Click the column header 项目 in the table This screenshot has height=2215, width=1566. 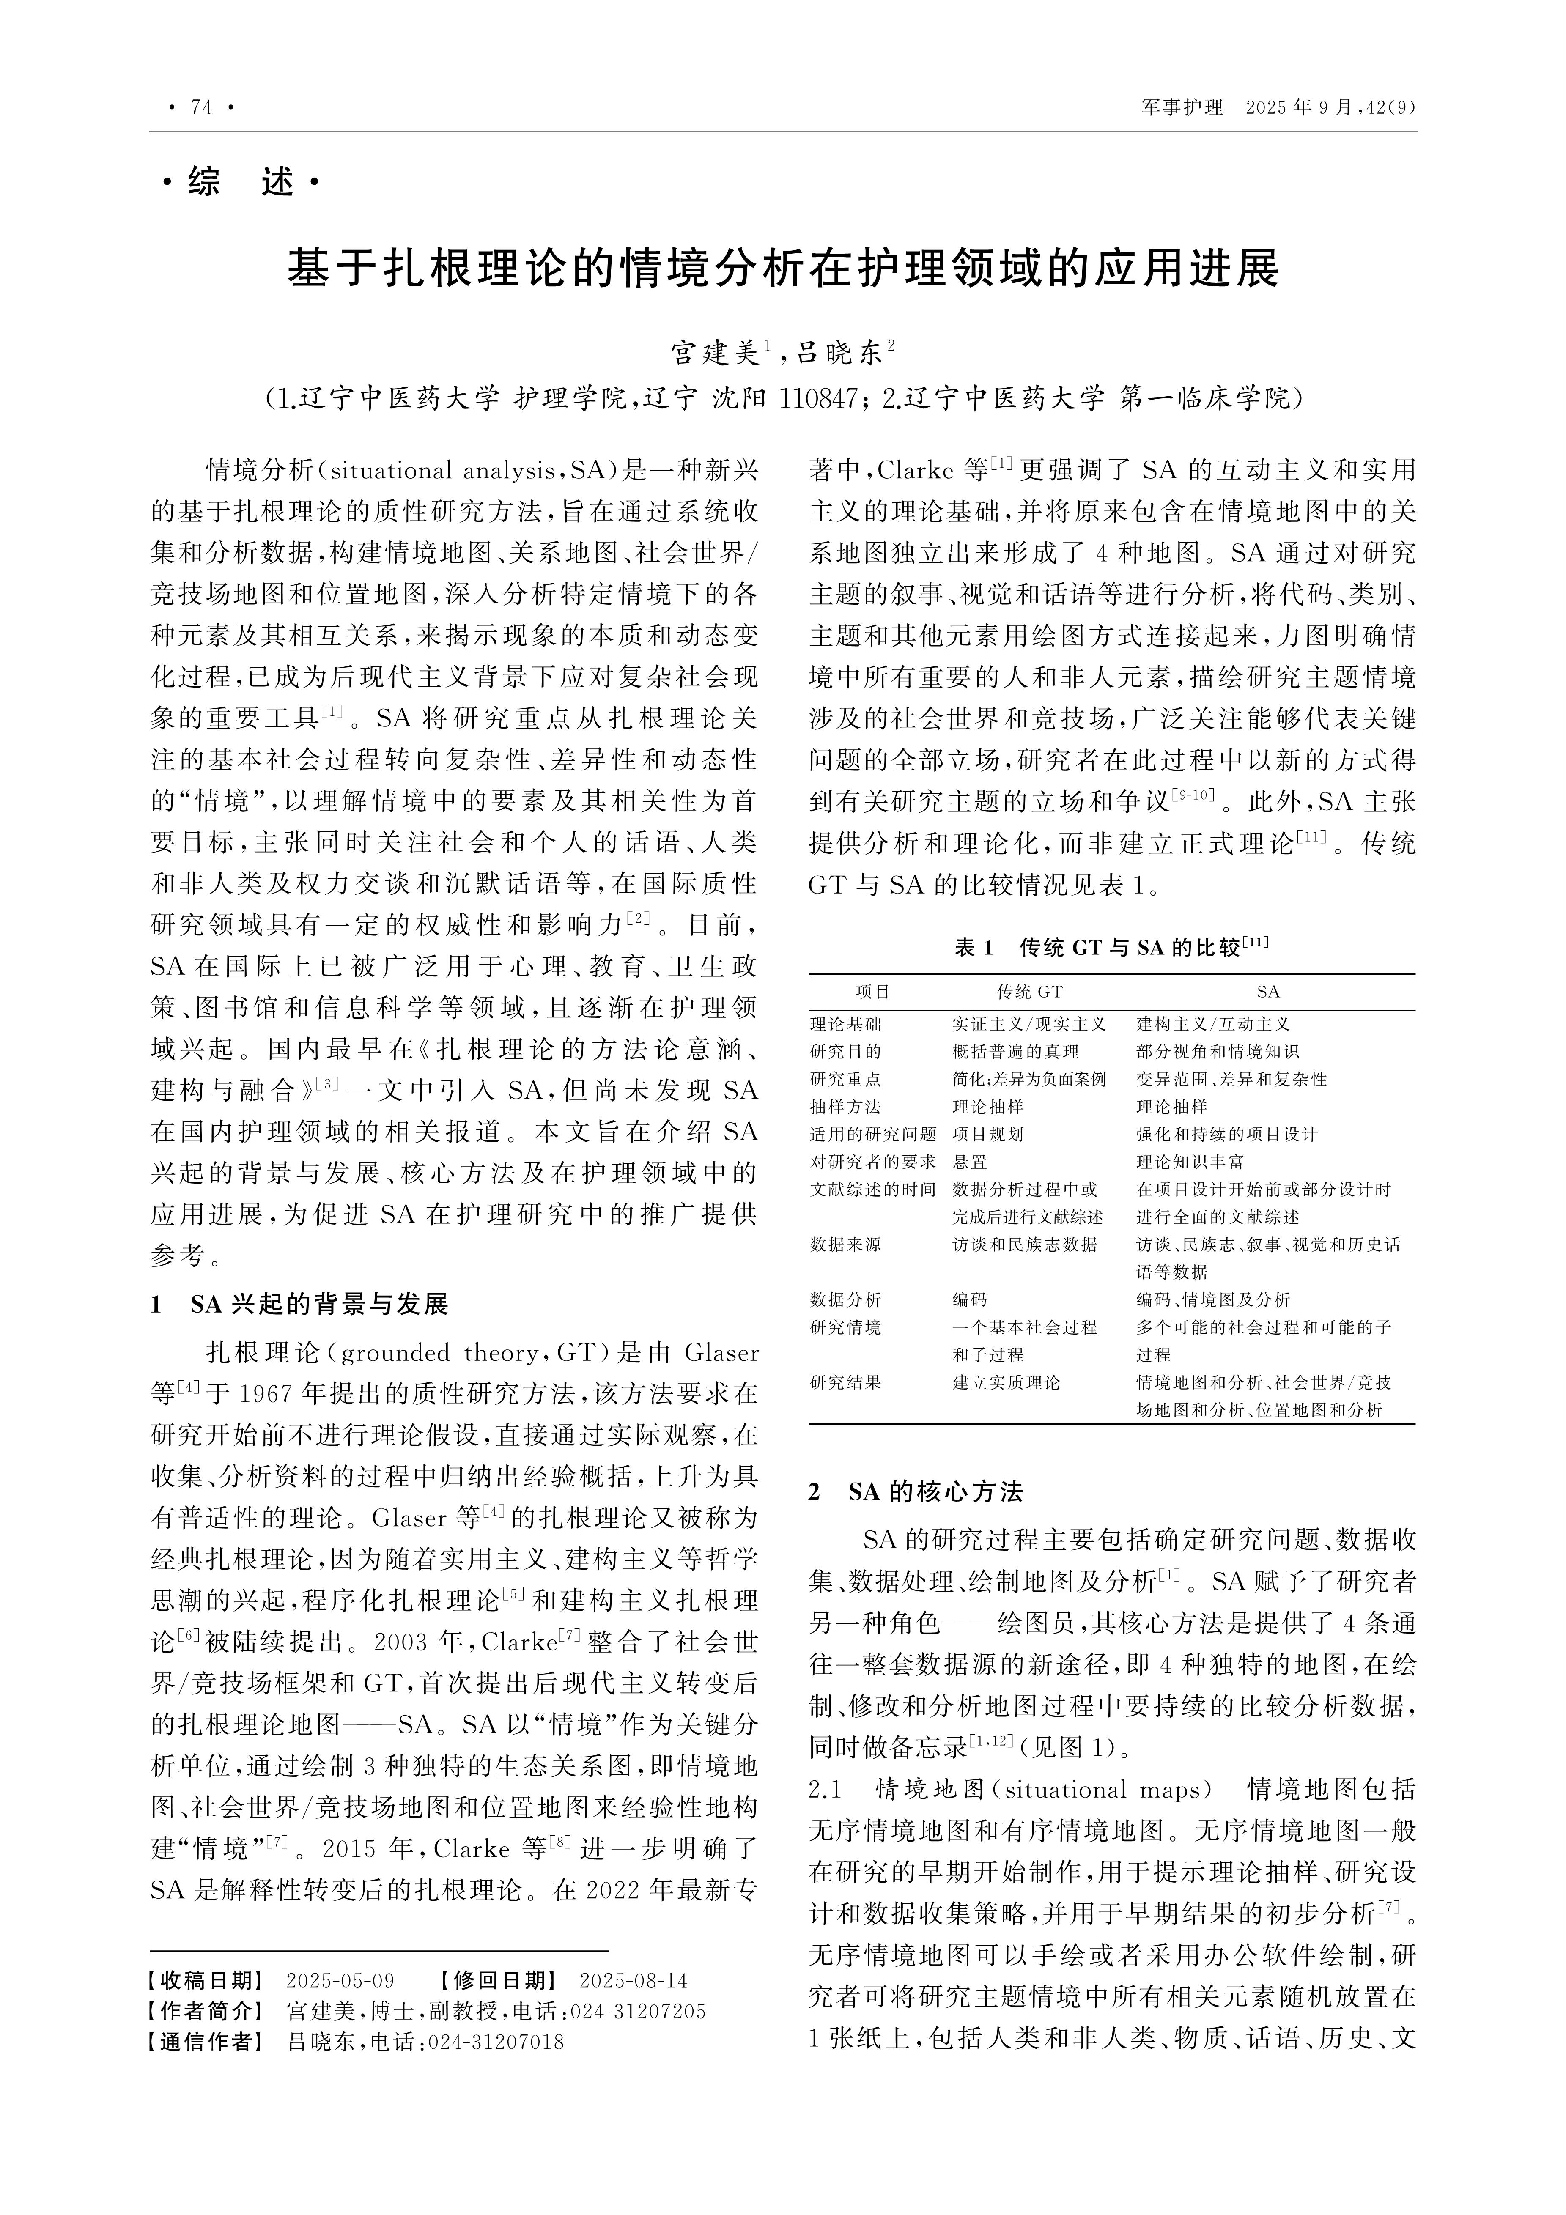click(x=873, y=992)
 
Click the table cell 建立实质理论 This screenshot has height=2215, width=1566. click(x=1007, y=1382)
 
